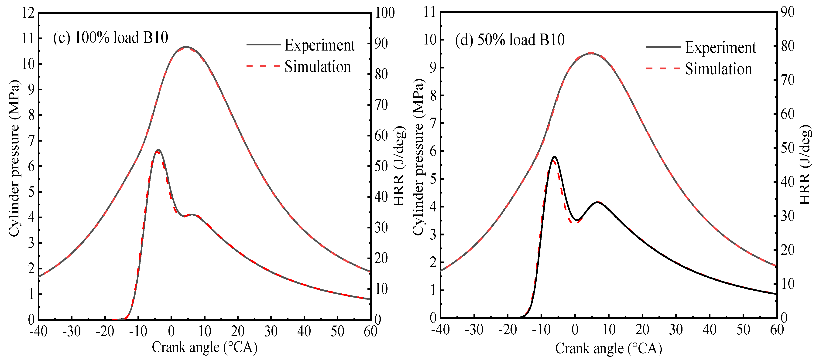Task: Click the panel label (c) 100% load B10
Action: point(110,38)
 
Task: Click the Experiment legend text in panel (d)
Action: point(720,48)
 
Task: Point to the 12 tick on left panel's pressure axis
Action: point(28,13)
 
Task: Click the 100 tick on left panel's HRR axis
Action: point(384,13)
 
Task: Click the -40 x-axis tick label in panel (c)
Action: point(38,331)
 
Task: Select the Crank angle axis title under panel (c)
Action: point(204,347)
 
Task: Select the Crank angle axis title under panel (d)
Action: point(608,348)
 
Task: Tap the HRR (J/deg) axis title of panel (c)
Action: point(399,166)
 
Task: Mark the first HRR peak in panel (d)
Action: point(554,157)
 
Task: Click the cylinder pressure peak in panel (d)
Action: point(591,53)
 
